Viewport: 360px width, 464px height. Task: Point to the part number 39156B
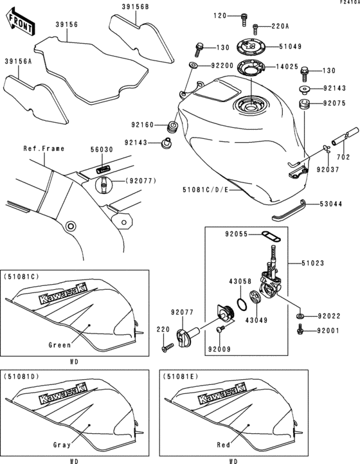click(x=135, y=7)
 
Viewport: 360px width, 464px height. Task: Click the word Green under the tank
click(x=59, y=344)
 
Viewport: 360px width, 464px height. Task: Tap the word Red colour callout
click(x=224, y=444)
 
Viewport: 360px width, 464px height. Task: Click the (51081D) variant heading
click(x=22, y=376)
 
